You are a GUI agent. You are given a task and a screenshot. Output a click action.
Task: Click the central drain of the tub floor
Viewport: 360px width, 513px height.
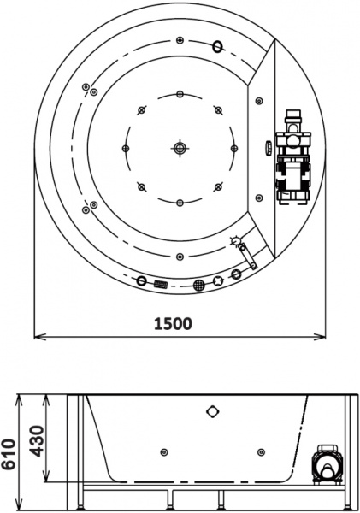click(180, 148)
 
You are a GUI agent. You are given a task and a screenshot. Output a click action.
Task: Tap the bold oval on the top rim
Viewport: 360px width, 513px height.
click(218, 46)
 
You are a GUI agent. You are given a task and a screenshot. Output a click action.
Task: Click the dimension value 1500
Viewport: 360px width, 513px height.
click(173, 323)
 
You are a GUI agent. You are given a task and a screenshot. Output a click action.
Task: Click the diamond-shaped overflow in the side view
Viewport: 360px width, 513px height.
click(212, 410)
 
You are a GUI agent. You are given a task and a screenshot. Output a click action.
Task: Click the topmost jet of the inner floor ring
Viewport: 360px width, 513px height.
click(180, 94)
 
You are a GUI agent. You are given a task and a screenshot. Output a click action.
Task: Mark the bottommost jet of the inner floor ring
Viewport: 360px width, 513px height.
click(180, 202)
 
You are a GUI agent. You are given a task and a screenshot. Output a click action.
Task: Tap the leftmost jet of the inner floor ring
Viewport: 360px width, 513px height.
click(126, 148)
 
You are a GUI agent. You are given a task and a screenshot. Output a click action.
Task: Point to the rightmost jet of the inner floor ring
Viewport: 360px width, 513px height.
click(233, 148)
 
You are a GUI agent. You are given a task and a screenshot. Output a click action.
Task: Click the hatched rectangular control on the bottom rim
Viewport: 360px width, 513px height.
click(160, 283)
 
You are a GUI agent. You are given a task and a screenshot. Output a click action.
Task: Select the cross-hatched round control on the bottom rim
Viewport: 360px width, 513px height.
click(198, 284)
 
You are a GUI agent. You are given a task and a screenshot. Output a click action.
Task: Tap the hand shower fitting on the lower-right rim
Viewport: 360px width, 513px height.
click(244, 253)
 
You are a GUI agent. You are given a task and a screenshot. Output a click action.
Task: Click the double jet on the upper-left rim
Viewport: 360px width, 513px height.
click(87, 88)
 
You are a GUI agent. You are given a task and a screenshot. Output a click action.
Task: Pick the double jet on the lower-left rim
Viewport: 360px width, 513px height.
click(87, 206)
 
